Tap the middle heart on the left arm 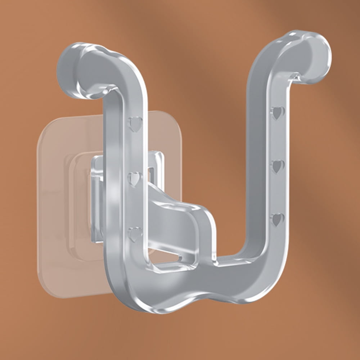click(134, 179)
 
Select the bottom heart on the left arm click(135, 234)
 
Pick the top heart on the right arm click(278, 113)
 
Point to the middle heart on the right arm click(277, 166)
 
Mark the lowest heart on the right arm click(277, 219)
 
